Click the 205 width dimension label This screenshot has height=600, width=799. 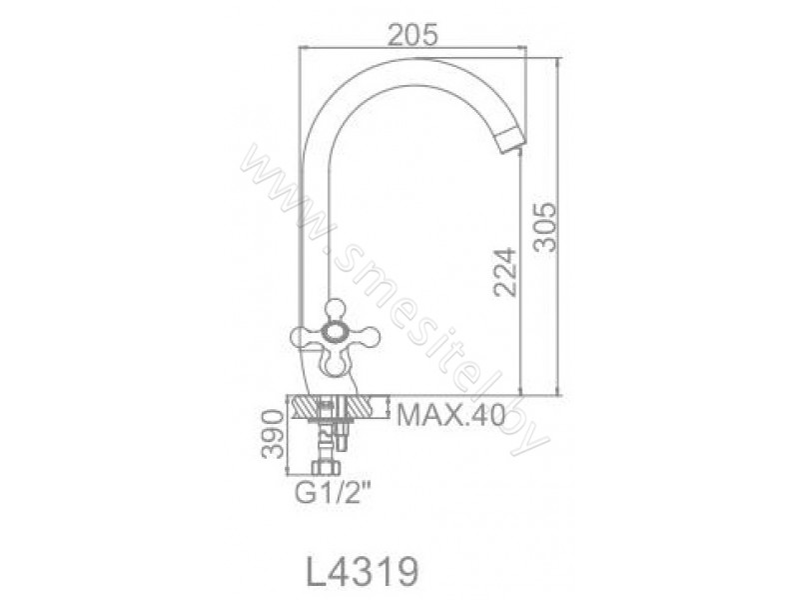click(412, 35)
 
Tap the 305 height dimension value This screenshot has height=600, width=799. click(545, 227)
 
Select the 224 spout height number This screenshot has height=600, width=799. click(505, 272)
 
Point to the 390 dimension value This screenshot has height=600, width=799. click(272, 435)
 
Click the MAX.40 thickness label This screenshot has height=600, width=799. click(451, 415)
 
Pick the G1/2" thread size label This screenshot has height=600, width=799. click(333, 492)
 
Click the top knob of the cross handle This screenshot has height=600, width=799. click(336, 310)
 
